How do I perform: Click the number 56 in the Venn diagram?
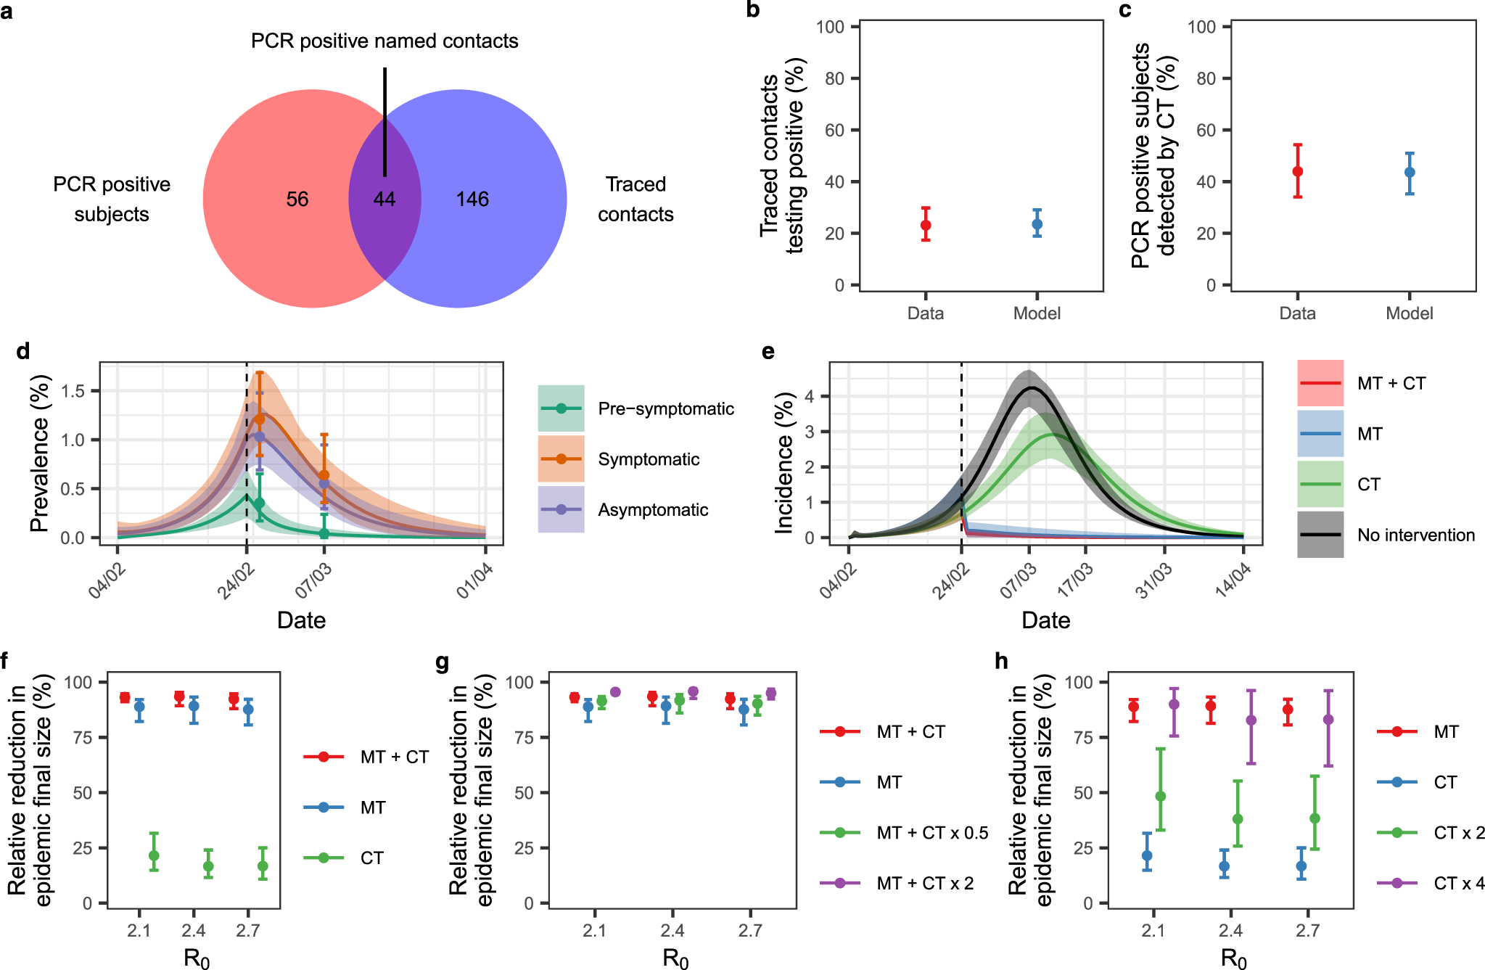[x=297, y=200]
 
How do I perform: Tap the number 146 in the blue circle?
[x=472, y=200]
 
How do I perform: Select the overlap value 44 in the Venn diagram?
[x=384, y=200]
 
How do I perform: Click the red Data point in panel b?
[x=926, y=225]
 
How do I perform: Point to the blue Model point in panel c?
[x=1410, y=173]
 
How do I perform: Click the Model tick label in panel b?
[x=1037, y=313]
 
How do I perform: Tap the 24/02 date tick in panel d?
[x=236, y=581]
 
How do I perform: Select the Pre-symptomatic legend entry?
[x=665, y=409]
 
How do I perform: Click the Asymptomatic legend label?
[x=653, y=510]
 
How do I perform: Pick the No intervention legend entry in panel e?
[x=1415, y=535]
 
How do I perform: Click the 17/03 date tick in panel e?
[x=1075, y=581]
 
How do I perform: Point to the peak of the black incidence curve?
[x=1030, y=387]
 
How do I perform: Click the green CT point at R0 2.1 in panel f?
[x=154, y=856]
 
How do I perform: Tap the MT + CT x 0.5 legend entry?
[x=931, y=833]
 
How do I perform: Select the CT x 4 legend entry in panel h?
[x=1458, y=884]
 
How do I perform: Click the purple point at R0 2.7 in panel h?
[x=1328, y=720]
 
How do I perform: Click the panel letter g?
[x=442, y=662]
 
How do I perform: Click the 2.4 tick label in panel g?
[x=672, y=931]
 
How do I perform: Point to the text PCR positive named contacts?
[x=384, y=41]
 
